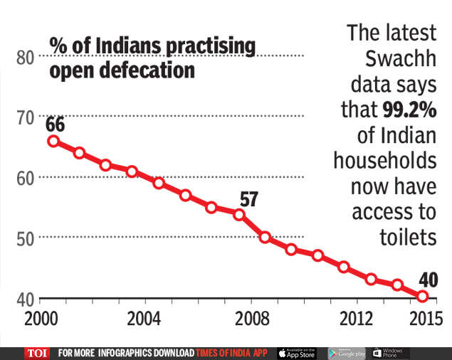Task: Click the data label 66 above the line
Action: tap(56, 125)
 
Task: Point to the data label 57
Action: tap(248, 199)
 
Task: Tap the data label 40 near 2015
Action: tap(428, 278)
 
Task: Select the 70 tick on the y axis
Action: tap(26, 117)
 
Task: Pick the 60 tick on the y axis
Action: tap(26, 177)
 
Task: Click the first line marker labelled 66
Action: tap(53, 142)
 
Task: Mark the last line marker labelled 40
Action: tap(423, 296)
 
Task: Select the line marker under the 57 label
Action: tap(239, 214)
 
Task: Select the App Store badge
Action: tap(296, 353)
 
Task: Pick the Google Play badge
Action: tap(347, 353)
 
